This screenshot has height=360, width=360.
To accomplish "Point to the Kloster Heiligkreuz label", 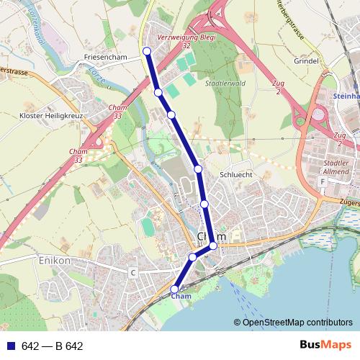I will pyautogui.click(x=51, y=116).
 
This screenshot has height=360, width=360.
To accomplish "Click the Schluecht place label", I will pyautogui.click(x=235, y=174).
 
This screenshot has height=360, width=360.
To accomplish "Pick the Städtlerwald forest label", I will pyautogui.click(x=222, y=84).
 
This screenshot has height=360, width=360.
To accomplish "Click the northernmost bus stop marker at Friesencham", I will pyautogui.click(x=147, y=50).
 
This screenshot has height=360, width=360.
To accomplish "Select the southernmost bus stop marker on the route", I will pyautogui.click(x=175, y=289).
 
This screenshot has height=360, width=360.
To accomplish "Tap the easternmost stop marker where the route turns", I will pyautogui.click(x=213, y=246).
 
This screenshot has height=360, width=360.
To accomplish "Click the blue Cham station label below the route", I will pyautogui.click(x=181, y=296).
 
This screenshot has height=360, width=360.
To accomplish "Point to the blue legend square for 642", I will pyautogui.click(x=9, y=346).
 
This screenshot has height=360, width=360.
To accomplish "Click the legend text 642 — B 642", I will pyautogui.click(x=53, y=346).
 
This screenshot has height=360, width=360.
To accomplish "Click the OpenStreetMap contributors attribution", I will pyautogui.click(x=293, y=322).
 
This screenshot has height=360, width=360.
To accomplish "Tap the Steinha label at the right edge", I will pyautogui.click(x=346, y=95).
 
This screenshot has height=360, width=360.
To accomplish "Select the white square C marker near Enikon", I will pyautogui.click(x=132, y=272).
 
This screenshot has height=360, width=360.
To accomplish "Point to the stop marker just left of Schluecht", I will pyautogui.click(x=198, y=168).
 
